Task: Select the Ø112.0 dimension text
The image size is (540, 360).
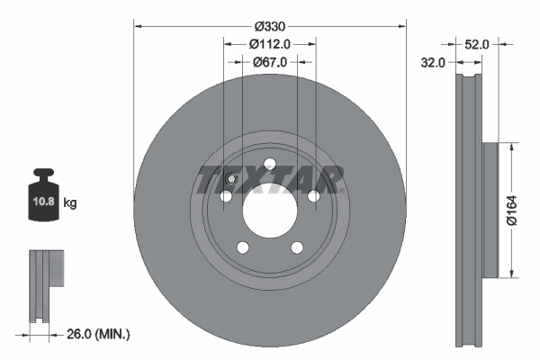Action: point(269,44)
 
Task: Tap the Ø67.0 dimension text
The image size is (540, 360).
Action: point(269,62)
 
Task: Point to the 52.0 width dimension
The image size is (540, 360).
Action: point(478,43)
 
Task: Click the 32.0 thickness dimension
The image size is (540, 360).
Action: point(435,63)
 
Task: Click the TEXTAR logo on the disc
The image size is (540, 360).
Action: point(270,179)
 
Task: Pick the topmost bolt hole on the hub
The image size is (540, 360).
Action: point(269,163)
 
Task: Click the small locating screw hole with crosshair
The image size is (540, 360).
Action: point(230,179)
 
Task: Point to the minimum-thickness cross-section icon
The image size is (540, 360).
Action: point(48,286)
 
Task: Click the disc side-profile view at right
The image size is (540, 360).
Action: point(472,210)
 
